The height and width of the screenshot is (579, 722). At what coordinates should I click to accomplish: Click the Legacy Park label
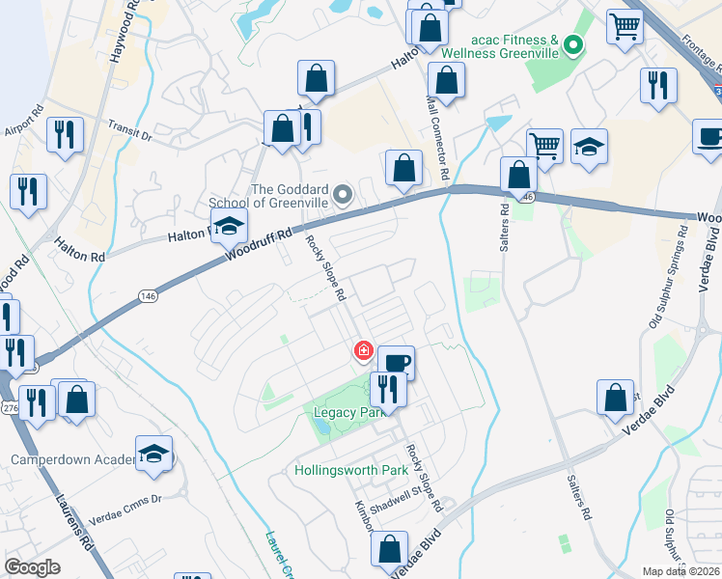coord(344,412)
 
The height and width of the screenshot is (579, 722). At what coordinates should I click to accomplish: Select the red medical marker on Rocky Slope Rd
coord(364,350)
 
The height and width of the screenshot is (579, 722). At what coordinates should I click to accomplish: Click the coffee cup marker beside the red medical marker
coord(396,363)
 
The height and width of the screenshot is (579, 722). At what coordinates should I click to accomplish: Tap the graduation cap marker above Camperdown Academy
coord(153,454)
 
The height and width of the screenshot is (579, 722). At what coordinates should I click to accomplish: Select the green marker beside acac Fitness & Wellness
coord(573,44)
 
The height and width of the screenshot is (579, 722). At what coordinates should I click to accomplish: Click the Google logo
coord(32,567)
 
